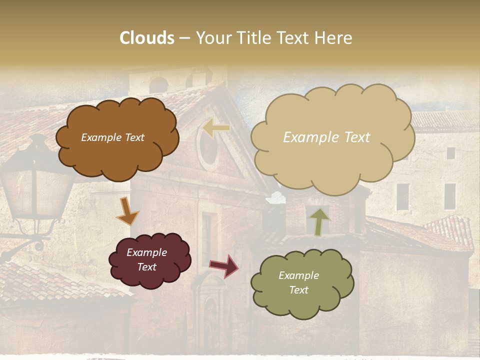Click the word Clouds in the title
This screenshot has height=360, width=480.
[147, 38]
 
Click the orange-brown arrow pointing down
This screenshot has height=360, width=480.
[127, 211]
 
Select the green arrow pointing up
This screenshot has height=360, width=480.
[319, 221]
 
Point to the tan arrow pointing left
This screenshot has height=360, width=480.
[216, 128]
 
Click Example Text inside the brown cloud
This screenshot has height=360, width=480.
[112, 137]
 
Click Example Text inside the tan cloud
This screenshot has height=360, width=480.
[326, 137]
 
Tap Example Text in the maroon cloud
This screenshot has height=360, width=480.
[146, 259]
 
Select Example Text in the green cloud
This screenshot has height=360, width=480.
[298, 282]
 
